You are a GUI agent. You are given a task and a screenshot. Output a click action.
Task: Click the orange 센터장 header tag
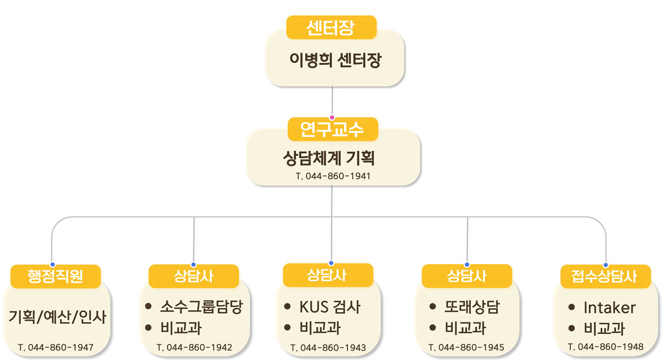(x=331, y=27)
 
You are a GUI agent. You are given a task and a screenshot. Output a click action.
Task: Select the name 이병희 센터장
(x=335, y=60)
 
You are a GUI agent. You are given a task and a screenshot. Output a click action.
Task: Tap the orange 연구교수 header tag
(x=332, y=129)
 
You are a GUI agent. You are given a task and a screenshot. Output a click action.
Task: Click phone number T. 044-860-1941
(x=332, y=176)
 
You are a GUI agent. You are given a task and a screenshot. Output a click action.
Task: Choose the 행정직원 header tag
(x=56, y=276)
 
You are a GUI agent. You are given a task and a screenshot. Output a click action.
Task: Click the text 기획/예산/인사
(x=58, y=316)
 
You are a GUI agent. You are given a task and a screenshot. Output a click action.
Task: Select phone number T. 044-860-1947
(x=56, y=348)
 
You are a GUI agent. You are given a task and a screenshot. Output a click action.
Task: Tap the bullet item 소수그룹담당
(x=201, y=307)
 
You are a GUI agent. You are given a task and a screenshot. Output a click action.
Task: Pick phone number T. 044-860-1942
(x=194, y=348)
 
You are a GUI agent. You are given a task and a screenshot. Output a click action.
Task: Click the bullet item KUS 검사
(x=330, y=307)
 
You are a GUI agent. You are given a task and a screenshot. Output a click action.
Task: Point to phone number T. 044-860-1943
(x=328, y=348)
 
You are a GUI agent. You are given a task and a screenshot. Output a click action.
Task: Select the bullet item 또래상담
(x=472, y=307)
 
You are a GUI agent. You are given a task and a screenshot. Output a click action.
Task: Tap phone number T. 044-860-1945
(x=467, y=348)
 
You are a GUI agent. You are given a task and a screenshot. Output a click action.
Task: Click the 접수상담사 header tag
(x=605, y=276)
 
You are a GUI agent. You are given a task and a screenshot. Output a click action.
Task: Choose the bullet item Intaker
(x=609, y=307)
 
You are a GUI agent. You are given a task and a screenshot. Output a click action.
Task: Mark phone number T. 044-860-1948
(x=605, y=347)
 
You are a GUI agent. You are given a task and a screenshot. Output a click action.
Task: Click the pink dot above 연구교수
(x=332, y=118)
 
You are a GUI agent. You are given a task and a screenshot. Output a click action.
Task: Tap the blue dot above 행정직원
(x=52, y=265)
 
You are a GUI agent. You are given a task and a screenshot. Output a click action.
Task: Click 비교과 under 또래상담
(x=465, y=328)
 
